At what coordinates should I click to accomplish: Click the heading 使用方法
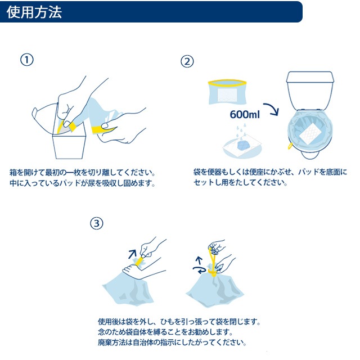(x=34, y=12)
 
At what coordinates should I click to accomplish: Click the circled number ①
(x=27, y=60)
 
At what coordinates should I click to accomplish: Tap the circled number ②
(x=187, y=61)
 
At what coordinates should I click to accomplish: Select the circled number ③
(x=97, y=223)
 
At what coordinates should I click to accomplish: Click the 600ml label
(x=245, y=114)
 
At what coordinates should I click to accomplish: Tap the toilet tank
(x=310, y=89)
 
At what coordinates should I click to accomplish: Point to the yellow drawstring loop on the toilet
(x=290, y=146)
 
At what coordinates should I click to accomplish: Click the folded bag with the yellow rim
(x=227, y=92)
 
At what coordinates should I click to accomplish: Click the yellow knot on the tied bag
(x=212, y=273)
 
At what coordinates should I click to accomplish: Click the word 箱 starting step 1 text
(x=13, y=173)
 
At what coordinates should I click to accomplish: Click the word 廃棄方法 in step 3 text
(x=112, y=343)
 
